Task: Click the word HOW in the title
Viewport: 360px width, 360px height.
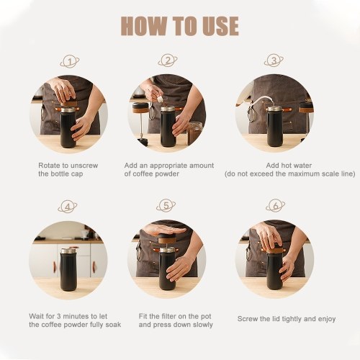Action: click(143, 26)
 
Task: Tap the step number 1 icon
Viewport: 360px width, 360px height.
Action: click(70, 62)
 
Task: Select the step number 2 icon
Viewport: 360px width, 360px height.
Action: click(168, 60)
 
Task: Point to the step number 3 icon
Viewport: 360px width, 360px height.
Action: click(274, 60)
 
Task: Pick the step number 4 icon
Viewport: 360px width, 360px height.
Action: click(68, 207)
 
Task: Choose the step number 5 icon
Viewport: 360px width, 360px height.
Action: click(166, 205)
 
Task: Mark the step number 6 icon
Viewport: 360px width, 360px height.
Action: click(276, 205)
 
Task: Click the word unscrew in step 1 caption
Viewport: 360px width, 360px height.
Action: click(84, 166)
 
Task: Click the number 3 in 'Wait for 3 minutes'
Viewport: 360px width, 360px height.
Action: click(59, 316)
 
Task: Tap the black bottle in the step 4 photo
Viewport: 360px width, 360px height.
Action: click(68, 269)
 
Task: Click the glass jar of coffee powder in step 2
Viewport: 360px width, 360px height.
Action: click(194, 133)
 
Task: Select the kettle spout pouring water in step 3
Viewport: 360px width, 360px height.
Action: click(260, 102)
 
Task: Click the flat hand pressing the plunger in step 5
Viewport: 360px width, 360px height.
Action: click(165, 230)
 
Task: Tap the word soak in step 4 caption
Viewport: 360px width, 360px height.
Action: click(113, 325)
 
